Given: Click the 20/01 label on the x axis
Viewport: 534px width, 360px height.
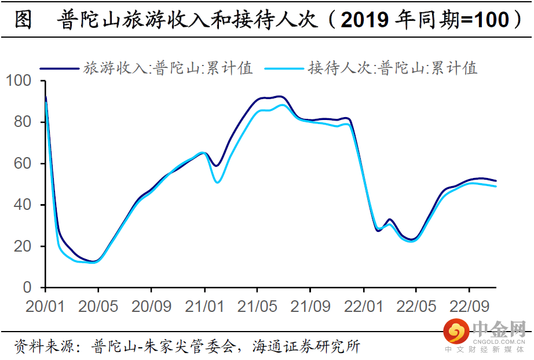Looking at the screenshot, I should click(45, 306).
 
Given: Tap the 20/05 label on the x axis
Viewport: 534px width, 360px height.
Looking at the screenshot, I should click(98, 306).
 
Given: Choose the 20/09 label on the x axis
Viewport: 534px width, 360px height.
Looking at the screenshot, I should click(151, 306).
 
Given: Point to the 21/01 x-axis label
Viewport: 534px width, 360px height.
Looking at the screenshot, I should click(204, 306).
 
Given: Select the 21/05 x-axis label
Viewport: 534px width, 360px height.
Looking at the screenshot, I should click(257, 306).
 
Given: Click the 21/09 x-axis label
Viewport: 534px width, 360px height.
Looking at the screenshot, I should click(310, 306).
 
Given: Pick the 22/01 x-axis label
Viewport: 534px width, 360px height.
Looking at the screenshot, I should click(364, 306).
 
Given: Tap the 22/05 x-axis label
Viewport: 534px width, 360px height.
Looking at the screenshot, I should click(416, 306).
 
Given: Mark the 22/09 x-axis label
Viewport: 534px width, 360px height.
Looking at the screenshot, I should click(470, 306).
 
